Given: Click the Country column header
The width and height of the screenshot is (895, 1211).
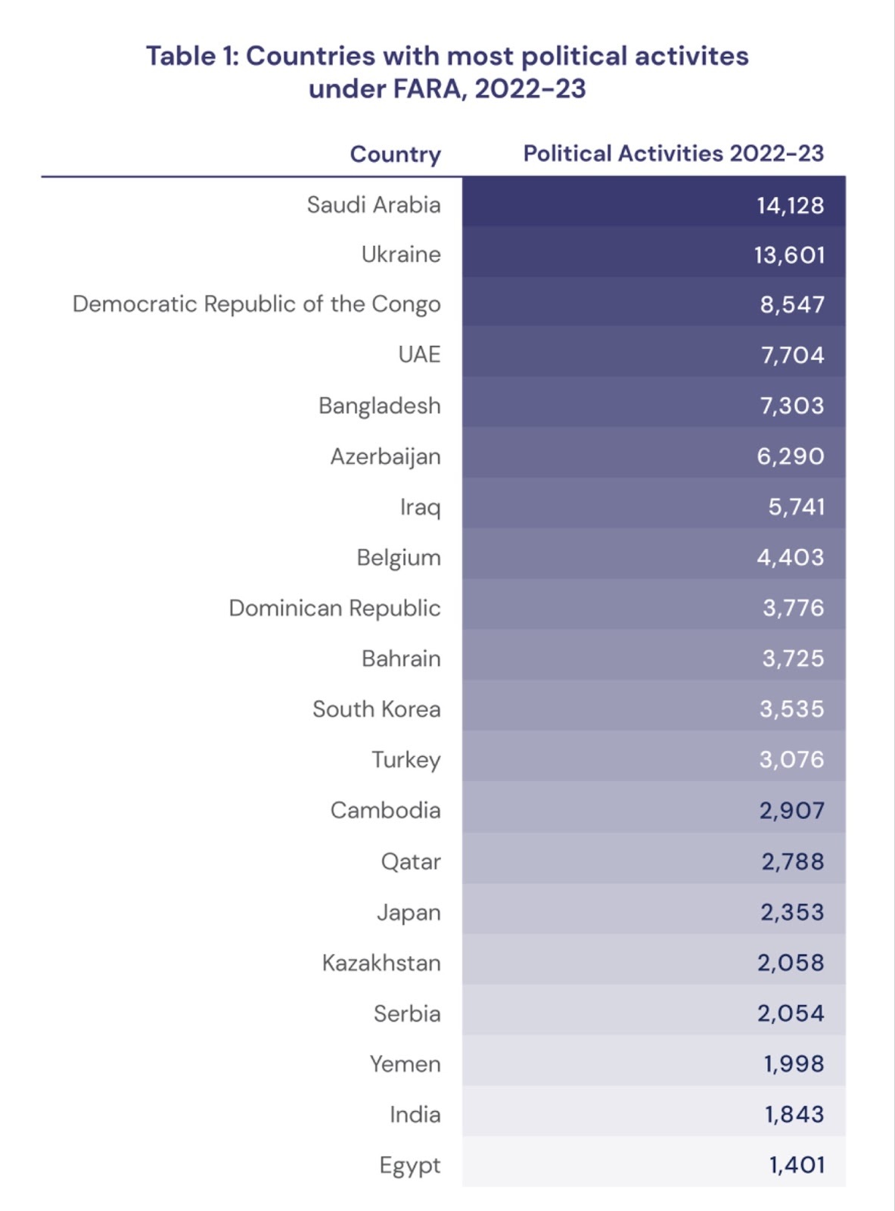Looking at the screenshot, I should (395, 154).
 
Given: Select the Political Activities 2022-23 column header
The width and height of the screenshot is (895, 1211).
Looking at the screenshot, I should (673, 154).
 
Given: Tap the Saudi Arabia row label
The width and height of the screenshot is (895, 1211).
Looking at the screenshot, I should (374, 205).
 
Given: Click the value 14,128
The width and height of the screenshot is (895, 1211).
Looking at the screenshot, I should (790, 205).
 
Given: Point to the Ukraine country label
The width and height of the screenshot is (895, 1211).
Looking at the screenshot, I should (401, 254).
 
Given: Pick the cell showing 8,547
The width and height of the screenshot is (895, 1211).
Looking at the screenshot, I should (791, 304).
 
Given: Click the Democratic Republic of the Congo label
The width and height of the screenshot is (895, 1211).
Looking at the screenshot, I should (256, 304).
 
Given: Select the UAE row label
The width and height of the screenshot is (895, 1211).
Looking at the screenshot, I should (419, 355).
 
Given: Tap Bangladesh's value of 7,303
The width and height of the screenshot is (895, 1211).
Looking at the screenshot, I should (791, 406).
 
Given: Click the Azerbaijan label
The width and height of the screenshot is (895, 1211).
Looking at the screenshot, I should (385, 456).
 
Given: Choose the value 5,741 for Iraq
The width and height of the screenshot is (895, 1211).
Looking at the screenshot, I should (796, 507).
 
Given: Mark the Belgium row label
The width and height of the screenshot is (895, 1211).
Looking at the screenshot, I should (399, 558).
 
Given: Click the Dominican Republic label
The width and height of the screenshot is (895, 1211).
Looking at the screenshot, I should (334, 609).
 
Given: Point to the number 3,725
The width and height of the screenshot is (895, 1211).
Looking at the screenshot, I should (793, 658).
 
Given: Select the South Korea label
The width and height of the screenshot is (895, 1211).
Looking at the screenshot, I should (377, 709).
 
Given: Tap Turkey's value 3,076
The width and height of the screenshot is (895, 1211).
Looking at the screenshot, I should (791, 759).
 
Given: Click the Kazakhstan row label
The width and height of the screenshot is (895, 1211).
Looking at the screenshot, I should (381, 963).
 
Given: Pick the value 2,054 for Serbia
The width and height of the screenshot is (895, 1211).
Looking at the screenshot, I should (791, 1013).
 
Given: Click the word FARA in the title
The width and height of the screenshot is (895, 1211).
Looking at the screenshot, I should (426, 89).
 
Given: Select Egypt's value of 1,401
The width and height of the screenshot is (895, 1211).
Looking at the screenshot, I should (796, 1165).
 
